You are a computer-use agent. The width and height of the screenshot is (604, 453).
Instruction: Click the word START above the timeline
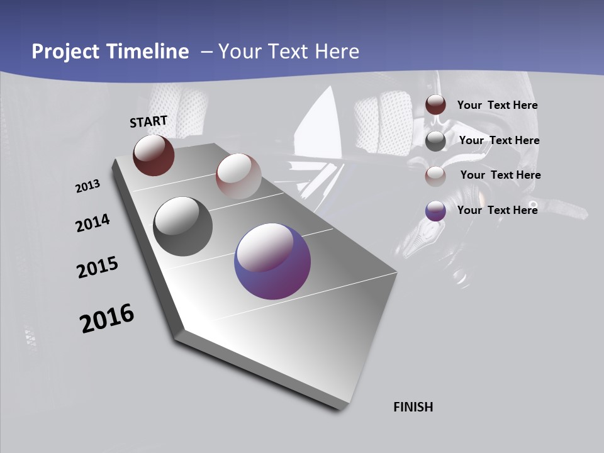pos(148,121)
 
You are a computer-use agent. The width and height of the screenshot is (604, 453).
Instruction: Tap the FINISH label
pos(413,407)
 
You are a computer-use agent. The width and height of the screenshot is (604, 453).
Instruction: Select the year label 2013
pos(87,186)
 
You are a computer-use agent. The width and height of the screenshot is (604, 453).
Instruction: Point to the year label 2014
pos(92,223)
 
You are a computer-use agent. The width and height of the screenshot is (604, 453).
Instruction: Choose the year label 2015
pos(98,267)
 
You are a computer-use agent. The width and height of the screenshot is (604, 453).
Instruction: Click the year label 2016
pos(107,318)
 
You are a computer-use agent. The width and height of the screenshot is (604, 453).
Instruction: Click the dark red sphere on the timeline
pos(154,155)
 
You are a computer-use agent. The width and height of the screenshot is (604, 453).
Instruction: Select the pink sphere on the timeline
pos(238,176)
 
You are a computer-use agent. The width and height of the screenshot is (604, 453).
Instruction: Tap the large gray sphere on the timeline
pos(182,226)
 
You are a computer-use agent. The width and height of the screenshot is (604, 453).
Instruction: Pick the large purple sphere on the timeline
pos(272,261)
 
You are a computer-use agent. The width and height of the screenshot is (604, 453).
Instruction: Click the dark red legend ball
pos(435,105)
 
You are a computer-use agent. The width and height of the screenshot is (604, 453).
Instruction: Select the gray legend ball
pos(435,141)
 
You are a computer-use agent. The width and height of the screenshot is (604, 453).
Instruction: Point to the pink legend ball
pos(435,176)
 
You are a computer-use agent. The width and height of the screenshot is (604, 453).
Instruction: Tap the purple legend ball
pos(435,211)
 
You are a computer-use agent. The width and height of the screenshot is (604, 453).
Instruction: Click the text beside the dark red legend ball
pos(497,106)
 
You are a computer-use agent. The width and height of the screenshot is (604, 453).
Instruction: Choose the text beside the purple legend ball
pos(497,210)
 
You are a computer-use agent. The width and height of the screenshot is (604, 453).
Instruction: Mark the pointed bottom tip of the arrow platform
pos(340,408)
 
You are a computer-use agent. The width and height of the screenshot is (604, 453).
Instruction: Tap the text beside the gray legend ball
pos(499,140)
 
